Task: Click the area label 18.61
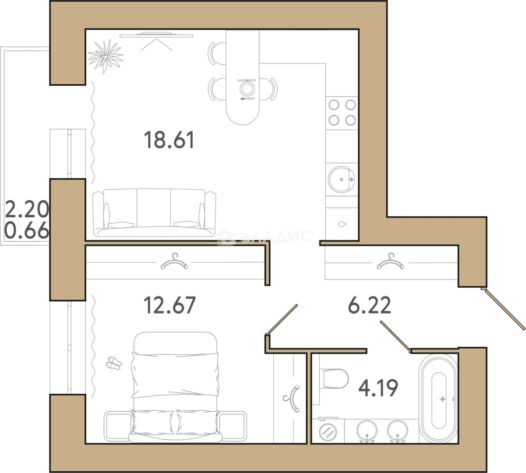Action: pos(169,140)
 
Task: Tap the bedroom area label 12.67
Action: pos(169,305)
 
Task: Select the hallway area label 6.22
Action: pos(370,305)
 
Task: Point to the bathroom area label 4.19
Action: pos(378,388)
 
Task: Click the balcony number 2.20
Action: pos(27,209)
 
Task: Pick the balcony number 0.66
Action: pos(27,230)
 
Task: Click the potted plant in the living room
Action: pos(106,56)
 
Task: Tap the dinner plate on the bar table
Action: pos(247,88)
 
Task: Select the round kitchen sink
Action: pos(342,179)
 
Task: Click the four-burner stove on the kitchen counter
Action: pos(342,113)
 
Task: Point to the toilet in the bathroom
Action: pos(334,379)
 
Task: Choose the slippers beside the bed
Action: pos(113,363)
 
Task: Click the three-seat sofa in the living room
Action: pos(155,213)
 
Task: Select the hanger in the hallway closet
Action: pos(390,262)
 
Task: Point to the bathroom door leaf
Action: pos(395,336)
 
